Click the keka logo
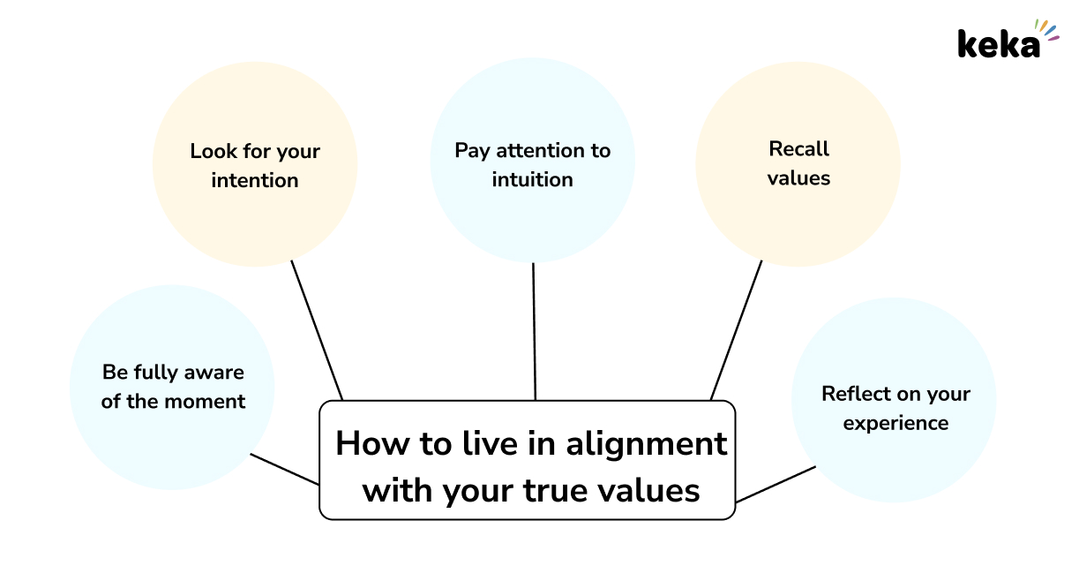(x=1000, y=42)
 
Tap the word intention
(x=255, y=180)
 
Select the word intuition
(x=532, y=179)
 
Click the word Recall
(x=798, y=148)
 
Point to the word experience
(x=895, y=423)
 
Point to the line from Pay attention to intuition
(x=534, y=331)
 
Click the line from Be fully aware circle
(x=284, y=469)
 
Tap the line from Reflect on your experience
(x=776, y=484)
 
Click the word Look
(x=208, y=151)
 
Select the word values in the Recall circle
(x=798, y=177)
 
